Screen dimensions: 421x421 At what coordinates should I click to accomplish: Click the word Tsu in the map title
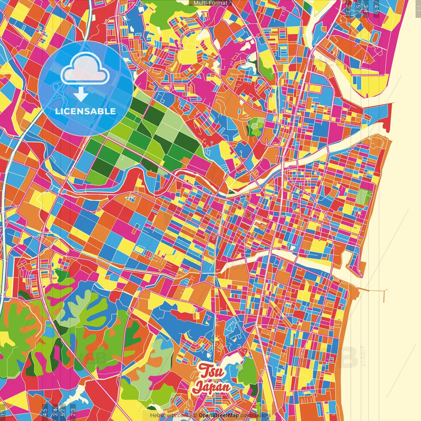point(212,372)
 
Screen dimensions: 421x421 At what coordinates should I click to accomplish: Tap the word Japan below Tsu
point(211,387)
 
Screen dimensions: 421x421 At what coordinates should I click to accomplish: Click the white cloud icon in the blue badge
point(85,68)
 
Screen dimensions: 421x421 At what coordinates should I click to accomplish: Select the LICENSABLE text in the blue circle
point(86,111)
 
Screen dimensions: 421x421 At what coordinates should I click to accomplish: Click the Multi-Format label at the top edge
point(210,3)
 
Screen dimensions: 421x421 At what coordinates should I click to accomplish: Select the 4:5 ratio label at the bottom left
point(45,411)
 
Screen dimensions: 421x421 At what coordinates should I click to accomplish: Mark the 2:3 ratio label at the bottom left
point(73,411)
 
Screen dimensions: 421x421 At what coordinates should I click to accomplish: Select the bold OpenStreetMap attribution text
point(219,415)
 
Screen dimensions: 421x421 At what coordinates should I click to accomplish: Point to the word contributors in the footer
point(256,415)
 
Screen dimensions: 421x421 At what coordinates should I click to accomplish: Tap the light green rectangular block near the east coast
point(363,196)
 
